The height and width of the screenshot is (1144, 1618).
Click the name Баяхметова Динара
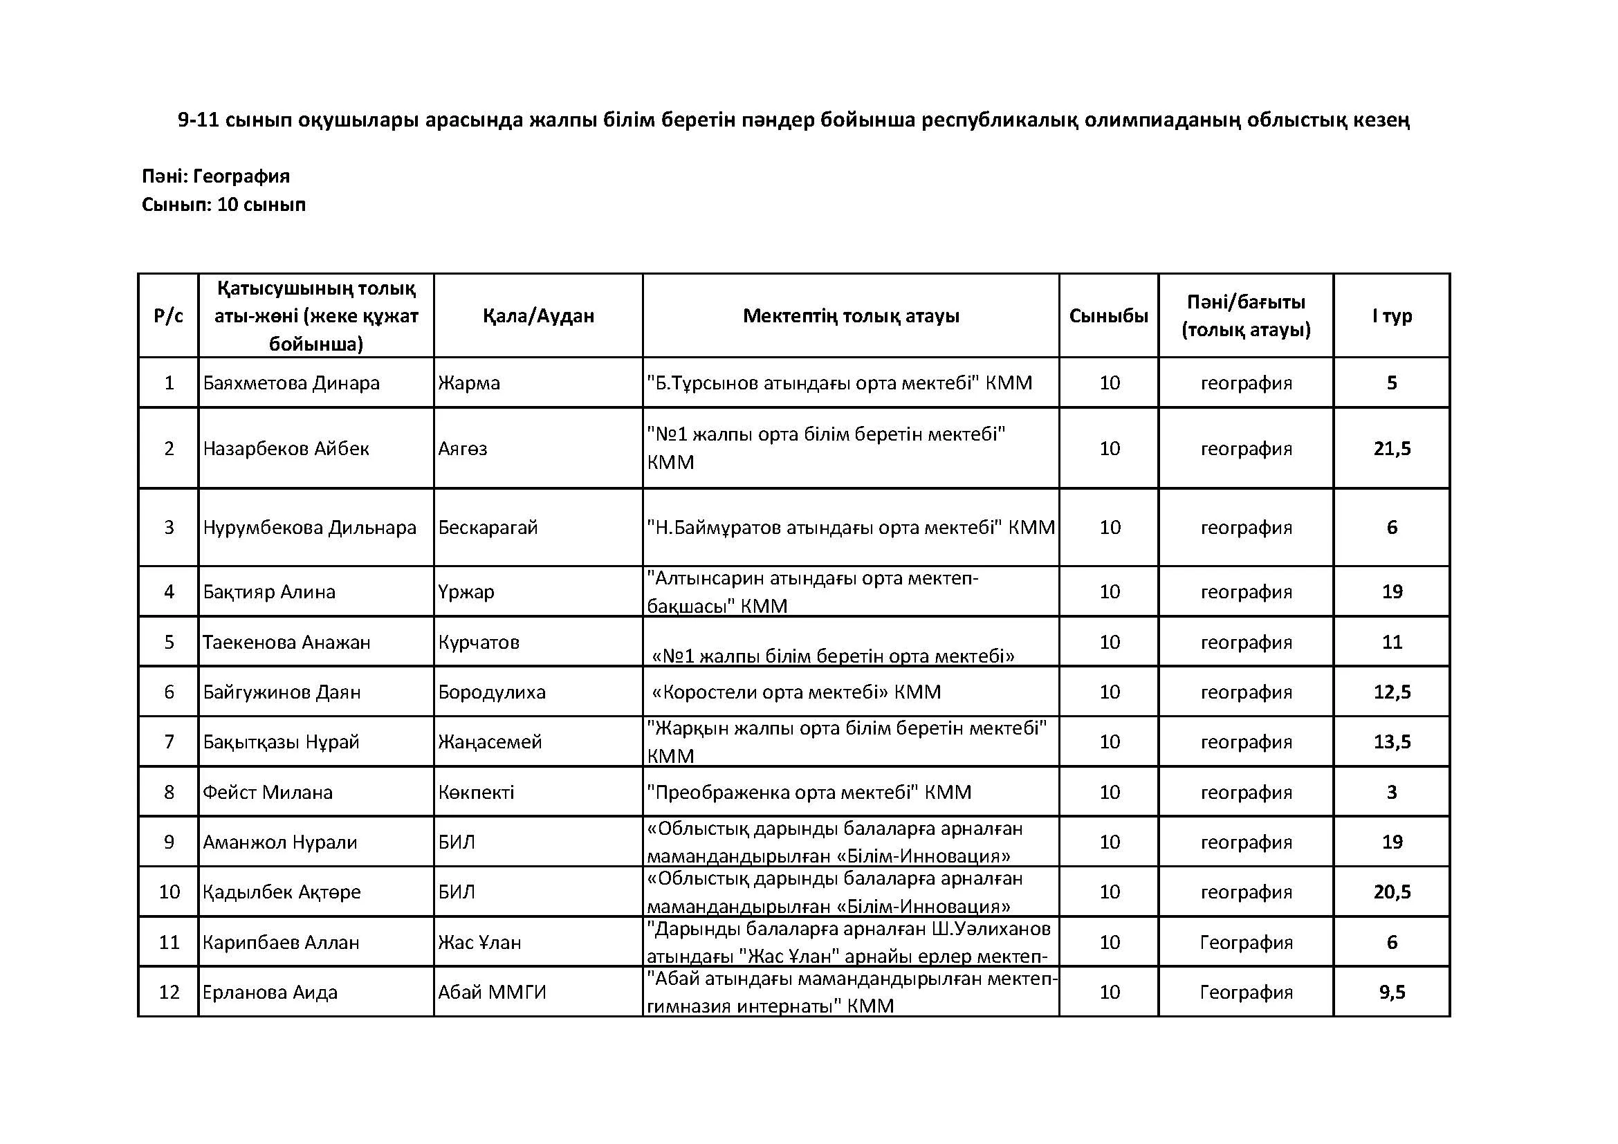(x=291, y=382)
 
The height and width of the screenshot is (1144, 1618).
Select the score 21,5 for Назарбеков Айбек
(x=1392, y=448)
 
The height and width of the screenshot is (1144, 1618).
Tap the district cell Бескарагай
(x=488, y=527)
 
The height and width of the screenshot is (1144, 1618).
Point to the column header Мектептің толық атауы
(x=851, y=315)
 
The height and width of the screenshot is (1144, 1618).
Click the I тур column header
(x=1392, y=315)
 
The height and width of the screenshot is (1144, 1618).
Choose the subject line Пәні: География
(x=216, y=176)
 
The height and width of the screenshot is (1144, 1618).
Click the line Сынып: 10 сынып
(x=223, y=204)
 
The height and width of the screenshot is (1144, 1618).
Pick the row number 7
(x=168, y=741)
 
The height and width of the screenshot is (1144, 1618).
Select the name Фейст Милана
(x=268, y=792)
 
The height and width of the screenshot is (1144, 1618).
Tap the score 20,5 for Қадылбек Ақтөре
(x=1392, y=892)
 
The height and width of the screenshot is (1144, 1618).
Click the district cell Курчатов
(x=479, y=642)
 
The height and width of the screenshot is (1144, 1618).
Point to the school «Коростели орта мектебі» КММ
(x=796, y=692)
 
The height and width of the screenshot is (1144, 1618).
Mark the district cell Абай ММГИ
(x=492, y=992)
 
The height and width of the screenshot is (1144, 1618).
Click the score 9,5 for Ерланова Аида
(x=1392, y=992)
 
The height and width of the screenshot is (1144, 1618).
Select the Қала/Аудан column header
(x=538, y=315)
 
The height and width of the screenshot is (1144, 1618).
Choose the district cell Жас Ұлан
(x=479, y=942)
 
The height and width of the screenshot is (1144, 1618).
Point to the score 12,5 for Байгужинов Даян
(x=1392, y=692)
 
